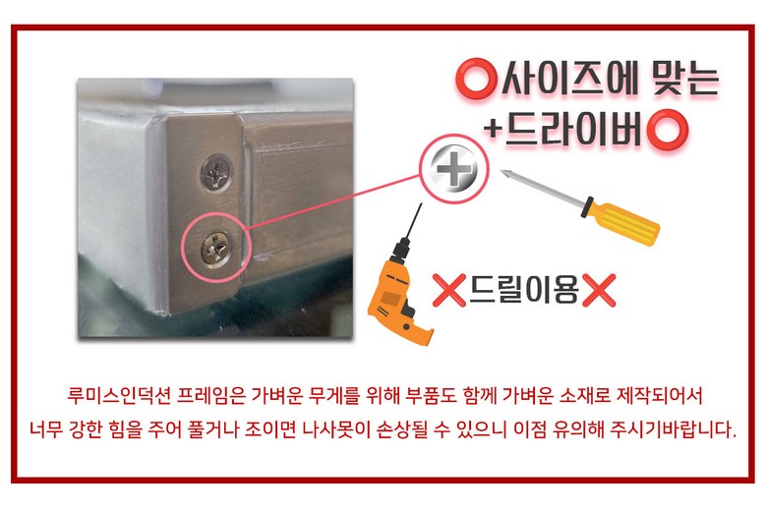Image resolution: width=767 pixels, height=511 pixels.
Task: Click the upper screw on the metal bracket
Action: tap(216, 172)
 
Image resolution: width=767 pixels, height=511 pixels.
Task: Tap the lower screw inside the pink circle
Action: tap(216, 248)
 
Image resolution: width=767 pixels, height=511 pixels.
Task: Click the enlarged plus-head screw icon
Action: tap(454, 169)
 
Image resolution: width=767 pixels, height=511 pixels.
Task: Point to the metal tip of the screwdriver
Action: tap(504, 173)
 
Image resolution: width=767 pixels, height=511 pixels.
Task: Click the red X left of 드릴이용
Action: tap(448, 290)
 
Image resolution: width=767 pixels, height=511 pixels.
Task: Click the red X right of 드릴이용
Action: tap(599, 290)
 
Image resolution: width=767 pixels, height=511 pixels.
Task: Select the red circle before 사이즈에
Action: tap(474, 79)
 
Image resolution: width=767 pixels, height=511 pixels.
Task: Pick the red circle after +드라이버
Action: tap(668, 130)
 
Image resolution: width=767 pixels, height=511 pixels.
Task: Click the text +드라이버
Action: tap(563, 129)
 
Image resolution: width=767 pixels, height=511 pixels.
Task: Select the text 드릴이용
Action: tap(523, 290)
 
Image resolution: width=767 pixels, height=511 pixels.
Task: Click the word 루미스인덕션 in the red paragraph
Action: tap(119, 395)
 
